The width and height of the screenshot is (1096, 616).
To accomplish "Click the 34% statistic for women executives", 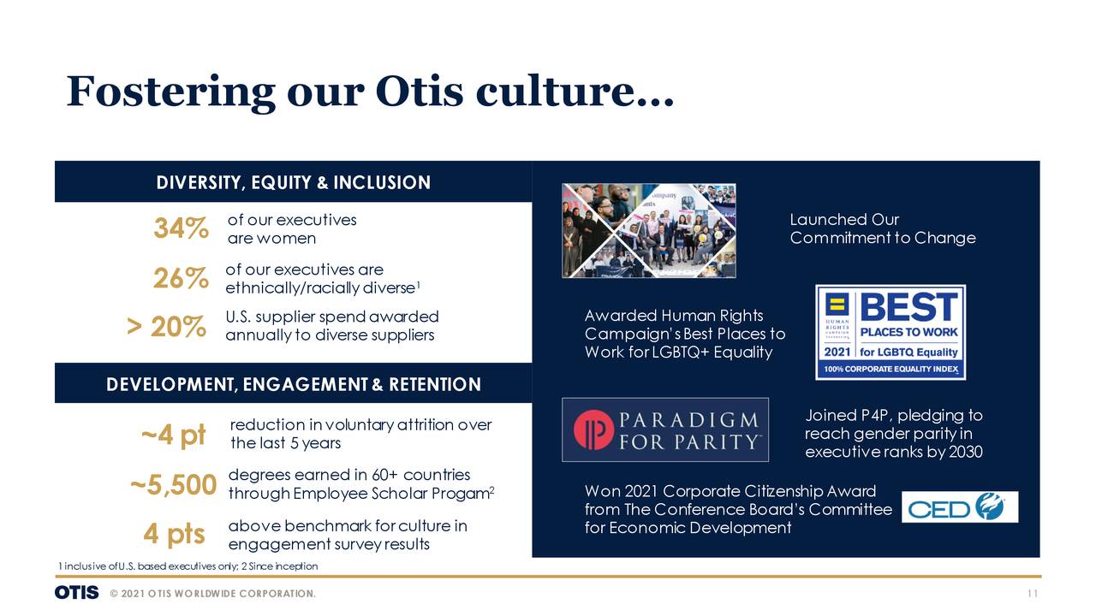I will click(181, 229).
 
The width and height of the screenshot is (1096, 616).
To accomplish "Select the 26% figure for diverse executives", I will click(181, 279).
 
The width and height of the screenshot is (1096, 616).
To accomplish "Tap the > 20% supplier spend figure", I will click(166, 327).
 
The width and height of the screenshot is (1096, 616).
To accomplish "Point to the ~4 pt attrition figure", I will click(174, 435).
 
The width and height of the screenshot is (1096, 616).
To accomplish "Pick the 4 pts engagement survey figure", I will click(174, 534).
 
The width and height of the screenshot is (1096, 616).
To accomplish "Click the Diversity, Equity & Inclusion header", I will click(293, 182).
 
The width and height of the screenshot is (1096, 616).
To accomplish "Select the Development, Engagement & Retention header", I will click(293, 384).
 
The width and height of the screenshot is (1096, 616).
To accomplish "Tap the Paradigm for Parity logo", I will click(664, 429).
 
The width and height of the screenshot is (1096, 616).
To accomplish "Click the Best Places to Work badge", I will click(890, 332).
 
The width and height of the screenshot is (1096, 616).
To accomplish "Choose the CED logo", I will click(959, 507).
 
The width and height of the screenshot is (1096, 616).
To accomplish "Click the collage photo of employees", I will click(648, 231).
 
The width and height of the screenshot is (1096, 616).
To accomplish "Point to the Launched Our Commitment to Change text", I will click(882, 229).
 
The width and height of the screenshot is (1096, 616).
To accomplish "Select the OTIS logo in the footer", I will click(76, 593).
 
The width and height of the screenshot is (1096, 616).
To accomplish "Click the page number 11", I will click(1033, 594).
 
